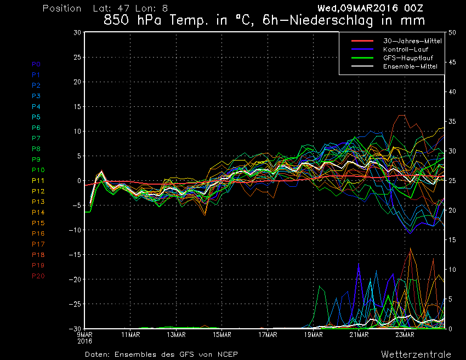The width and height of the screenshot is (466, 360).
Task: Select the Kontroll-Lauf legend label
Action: click(x=406, y=49)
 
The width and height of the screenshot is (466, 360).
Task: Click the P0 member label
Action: click(x=36, y=64)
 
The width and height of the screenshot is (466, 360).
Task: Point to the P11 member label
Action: click(x=38, y=180)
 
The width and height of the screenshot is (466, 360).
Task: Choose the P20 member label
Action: click(x=38, y=276)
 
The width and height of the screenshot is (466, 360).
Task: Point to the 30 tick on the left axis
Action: click(x=77, y=32)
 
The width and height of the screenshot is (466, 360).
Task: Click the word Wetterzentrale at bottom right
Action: click(x=417, y=354)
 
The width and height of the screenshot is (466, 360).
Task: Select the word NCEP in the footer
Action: click(x=226, y=354)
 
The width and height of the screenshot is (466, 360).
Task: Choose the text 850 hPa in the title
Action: click(x=131, y=21)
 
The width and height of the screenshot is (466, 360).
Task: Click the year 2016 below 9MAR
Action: click(x=84, y=340)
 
